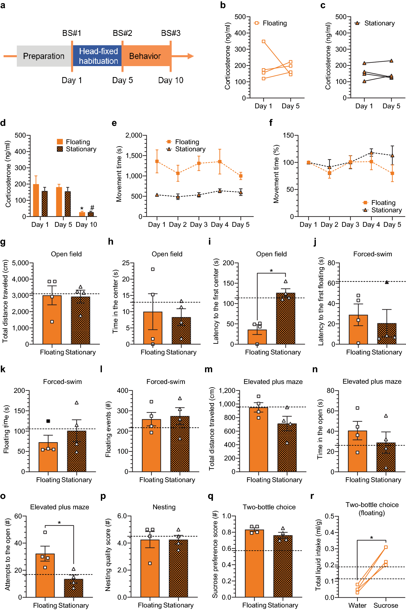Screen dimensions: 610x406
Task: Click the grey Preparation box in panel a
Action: point(44,56)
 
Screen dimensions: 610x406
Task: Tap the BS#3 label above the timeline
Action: point(171,33)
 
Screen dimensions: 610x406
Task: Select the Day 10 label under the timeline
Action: point(171,80)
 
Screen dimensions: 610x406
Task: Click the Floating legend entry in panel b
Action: point(275,23)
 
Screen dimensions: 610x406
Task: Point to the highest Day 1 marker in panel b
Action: point(263,41)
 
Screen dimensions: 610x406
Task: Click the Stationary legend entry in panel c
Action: point(379,23)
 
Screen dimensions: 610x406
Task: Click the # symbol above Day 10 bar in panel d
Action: point(92,207)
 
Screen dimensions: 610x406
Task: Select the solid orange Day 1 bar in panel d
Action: point(36,200)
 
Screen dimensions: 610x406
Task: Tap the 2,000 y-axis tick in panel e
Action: point(134,136)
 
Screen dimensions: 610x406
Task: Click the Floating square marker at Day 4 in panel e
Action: point(220,162)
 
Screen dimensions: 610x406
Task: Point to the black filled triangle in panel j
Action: point(387,282)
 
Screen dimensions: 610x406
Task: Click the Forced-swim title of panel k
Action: point(62,382)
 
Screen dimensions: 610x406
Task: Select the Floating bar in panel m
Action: point(259,439)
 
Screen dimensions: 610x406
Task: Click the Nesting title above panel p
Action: point(164,507)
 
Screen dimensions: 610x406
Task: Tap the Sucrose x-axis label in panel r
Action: point(386,605)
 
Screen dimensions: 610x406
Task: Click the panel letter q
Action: point(210,497)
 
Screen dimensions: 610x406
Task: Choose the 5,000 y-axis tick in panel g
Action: point(20,263)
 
